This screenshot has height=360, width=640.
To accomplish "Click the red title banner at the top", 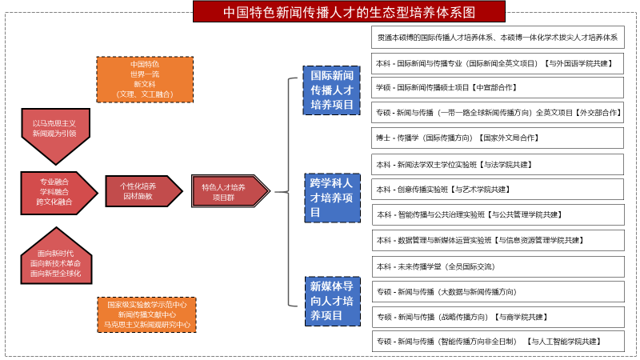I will [x=349, y=12].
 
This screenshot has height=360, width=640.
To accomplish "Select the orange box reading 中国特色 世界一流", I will [x=145, y=79].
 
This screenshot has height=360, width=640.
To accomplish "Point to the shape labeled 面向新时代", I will [x=55, y=261].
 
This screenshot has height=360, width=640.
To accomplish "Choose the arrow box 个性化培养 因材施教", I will [x=138, y=191].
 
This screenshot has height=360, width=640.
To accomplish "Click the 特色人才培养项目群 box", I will [x=229, y=191].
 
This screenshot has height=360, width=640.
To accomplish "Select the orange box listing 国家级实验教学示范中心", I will [x=147, y=314].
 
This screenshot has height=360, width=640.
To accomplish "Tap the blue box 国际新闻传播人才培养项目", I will [x=331, y=90].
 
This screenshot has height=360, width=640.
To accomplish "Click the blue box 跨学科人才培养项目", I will [x=331, y=198].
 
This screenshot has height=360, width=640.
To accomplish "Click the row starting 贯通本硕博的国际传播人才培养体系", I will [x=498, y=37].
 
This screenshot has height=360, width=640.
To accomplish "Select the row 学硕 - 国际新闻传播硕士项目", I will [x=498, y=87].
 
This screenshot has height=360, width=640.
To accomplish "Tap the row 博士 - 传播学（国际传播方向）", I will [x=498, y=138].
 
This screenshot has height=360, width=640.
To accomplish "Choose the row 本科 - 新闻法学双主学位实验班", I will [x=498, y=164].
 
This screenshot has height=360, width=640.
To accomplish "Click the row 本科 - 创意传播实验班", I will [x=498, y=190].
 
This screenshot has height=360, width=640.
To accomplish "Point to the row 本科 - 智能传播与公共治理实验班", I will [x=498, y=214].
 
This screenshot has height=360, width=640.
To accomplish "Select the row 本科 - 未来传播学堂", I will [x=498, y=266].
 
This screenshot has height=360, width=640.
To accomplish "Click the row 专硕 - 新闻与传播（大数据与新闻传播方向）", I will [x=498, y=291].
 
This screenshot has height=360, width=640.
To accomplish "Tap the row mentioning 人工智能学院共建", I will [x=498, y=341].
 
